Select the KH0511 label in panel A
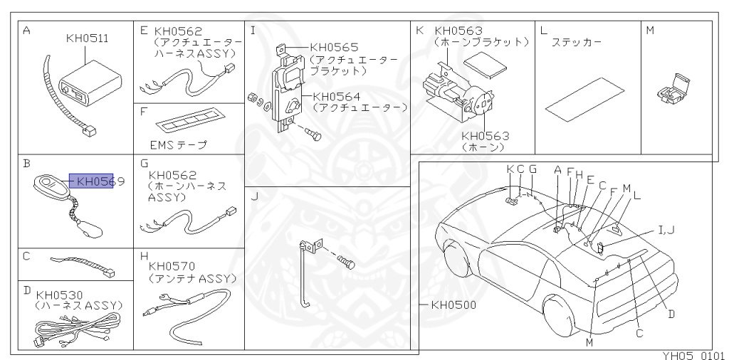pos(87,38)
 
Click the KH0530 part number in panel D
pos(59,295)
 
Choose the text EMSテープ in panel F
pos(174,145)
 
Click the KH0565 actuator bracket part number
pos(334,48)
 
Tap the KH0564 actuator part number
pos(336,96)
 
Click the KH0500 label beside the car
pos(453,305)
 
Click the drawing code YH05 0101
pos(688,354)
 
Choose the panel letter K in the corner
pos(419,31)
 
